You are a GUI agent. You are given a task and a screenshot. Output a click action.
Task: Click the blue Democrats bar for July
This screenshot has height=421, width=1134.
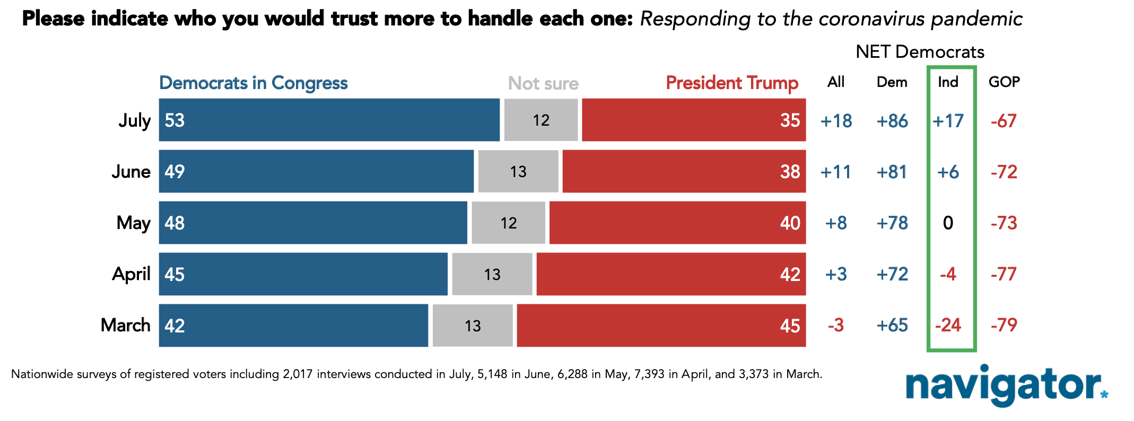tap(329, 120)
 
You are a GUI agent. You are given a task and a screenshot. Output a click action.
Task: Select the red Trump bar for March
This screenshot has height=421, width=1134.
tap(661, 326)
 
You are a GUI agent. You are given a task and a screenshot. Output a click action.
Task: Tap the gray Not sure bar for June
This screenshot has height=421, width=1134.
tap(518, 171)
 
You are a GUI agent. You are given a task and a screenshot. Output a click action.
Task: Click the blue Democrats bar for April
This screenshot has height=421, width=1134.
tap(303, 274)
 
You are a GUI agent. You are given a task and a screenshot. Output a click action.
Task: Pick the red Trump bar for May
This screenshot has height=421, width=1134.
tap(678, 223)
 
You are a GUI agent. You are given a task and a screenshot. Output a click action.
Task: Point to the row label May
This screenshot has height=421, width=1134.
tap(134, 223)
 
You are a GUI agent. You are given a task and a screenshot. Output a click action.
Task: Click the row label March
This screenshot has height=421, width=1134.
tap(126, 325)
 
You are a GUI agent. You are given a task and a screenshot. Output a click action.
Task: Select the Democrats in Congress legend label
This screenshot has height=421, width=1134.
tap(254, 83)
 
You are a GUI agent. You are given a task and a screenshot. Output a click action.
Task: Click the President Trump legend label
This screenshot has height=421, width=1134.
tap(732, 83)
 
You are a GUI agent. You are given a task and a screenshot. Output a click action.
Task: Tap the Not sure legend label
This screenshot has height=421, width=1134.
tap(543, 83)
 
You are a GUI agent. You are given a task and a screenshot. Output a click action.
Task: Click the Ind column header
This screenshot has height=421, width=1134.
tap(948, 82)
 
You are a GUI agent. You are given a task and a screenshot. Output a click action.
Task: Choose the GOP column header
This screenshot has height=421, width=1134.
tap(1004, 82)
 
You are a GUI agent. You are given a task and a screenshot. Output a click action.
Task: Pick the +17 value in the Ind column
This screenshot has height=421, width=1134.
tap(948, 121)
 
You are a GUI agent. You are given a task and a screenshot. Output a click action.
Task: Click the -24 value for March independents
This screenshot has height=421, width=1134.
tap(948, 325)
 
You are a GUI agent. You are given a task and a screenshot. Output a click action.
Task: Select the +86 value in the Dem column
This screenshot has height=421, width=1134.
tap(892, 121)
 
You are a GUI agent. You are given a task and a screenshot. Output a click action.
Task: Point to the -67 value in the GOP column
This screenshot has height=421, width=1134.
tap(1004, 121)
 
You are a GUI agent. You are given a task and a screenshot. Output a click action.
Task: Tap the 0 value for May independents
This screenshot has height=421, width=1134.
tap(948, 223)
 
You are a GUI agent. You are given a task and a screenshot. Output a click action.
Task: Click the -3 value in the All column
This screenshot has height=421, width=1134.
tap(836, 325)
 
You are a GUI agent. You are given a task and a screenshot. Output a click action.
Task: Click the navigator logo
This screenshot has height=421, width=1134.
tap(1007, 385)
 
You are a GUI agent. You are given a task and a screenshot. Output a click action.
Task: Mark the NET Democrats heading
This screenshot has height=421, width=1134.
tap(920, 52)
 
